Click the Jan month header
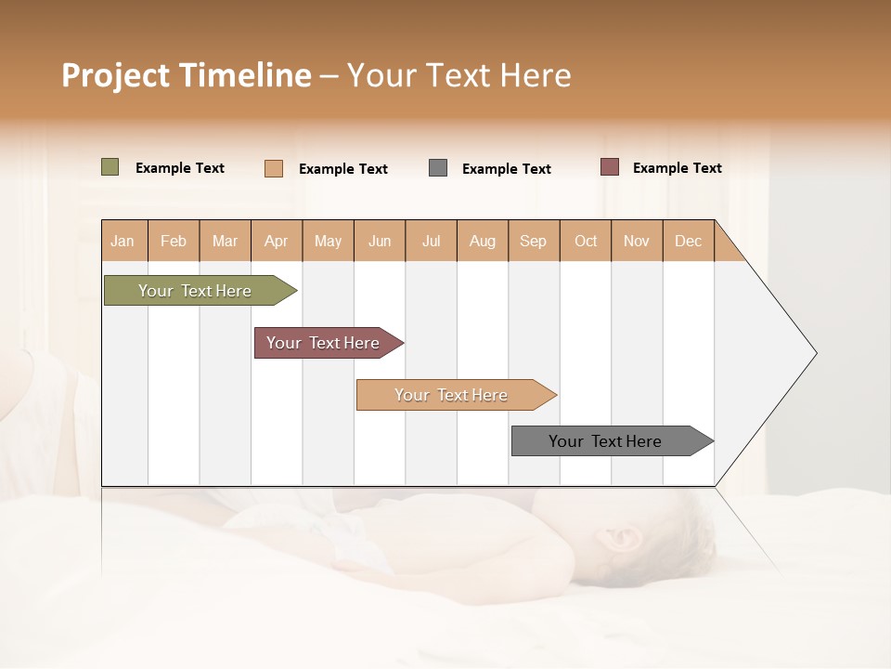[x=123, y=241]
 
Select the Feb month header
[x=174, y=241]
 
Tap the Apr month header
[x=277, y=241]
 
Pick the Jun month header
[x=380, y=241]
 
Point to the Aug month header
[x=483, y=241]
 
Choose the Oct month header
[x=586, y=241]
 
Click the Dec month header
[x=689, y=241]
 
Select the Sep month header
[x=534, y=241]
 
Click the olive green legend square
[x=110, y=167]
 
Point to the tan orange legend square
[x=274, y=168]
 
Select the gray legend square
[x=438, y=168]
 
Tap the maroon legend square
[x=610, y=167]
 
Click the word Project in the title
[x=115, y=75]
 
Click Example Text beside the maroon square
[x=677, y=168]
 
